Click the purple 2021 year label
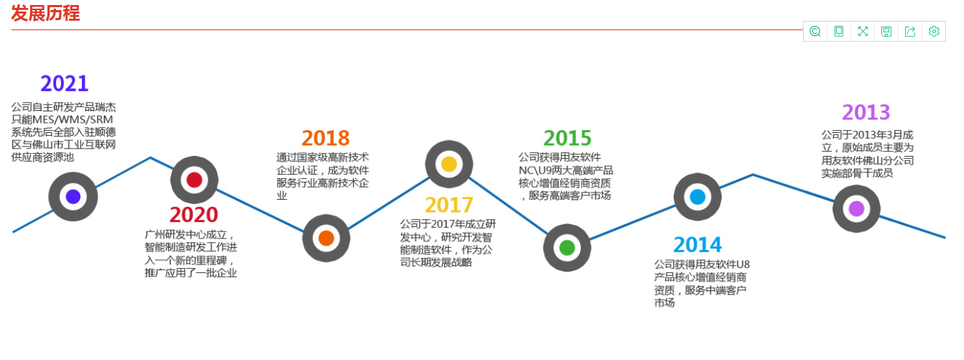tap(64, 83)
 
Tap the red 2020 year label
tap(193, 215)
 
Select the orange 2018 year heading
tap(326, 138)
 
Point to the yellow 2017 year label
tap(449, 205)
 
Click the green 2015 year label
tap(567, 138)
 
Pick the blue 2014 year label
tap(697, 245)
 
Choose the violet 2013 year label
tap(866, 112)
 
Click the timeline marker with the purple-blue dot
tap(73, 197)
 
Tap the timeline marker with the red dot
tap(195, 180)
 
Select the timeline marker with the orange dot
tap(326, 238)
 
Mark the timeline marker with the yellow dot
tap(449, 164)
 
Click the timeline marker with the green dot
tap(566, 248)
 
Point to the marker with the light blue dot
tap(697, 197)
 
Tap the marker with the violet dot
tap(856, 208)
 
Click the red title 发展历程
tap(45, 13)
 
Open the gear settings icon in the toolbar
tap(934, 32)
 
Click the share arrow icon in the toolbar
tap(910, 32)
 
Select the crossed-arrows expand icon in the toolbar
tap(863, 32)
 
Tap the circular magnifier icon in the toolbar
tap(815, 32)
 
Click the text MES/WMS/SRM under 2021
tap(73, 119)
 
